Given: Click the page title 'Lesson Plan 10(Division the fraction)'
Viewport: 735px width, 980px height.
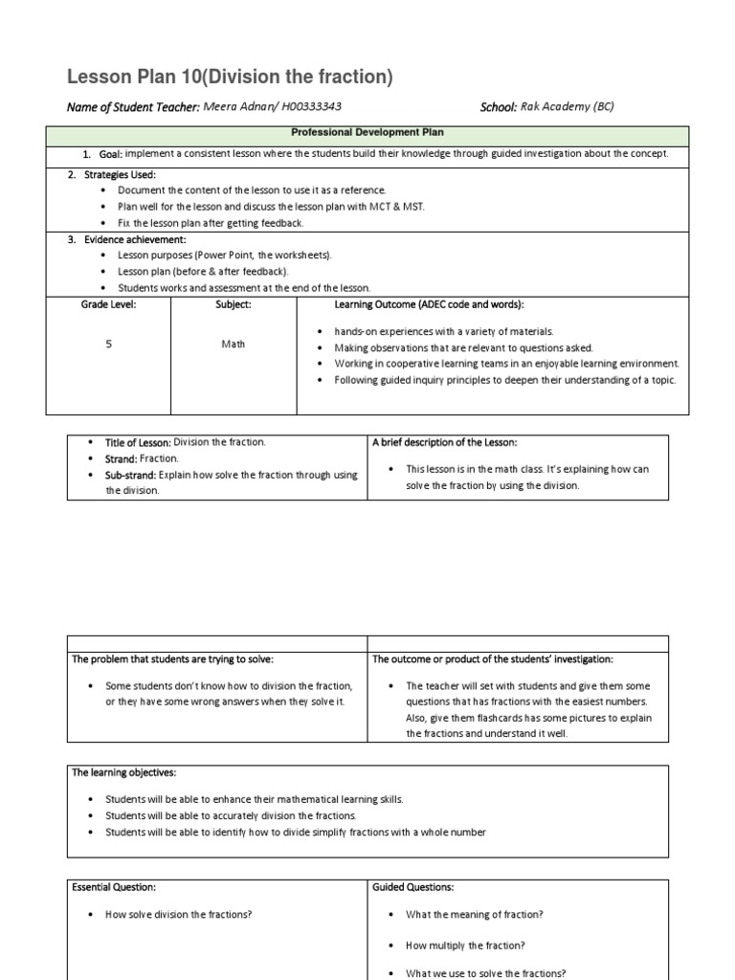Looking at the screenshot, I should (230, 78).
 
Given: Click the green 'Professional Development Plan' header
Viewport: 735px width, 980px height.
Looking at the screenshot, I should (367, 132).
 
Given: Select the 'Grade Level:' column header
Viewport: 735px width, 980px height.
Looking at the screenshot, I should (108, 304).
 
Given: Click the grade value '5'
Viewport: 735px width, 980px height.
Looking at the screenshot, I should (108, 345).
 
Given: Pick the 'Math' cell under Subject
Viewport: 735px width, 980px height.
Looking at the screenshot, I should (234, 345).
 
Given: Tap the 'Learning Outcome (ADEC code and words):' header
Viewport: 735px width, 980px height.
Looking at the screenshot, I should (429, 304).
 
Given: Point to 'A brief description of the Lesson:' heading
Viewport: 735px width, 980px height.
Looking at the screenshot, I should (443, 442).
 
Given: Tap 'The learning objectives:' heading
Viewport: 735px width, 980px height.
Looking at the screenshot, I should (124, 772).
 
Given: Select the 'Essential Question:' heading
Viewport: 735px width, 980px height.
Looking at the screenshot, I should (114, 888).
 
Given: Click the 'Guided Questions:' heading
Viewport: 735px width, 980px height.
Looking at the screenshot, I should (413, 888).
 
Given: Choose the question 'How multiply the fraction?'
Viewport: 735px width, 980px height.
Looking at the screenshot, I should (465, 946).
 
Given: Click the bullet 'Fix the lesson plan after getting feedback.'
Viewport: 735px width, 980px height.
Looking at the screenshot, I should (211, 223).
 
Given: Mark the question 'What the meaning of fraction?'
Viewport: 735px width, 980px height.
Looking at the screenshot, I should (474, 915).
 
